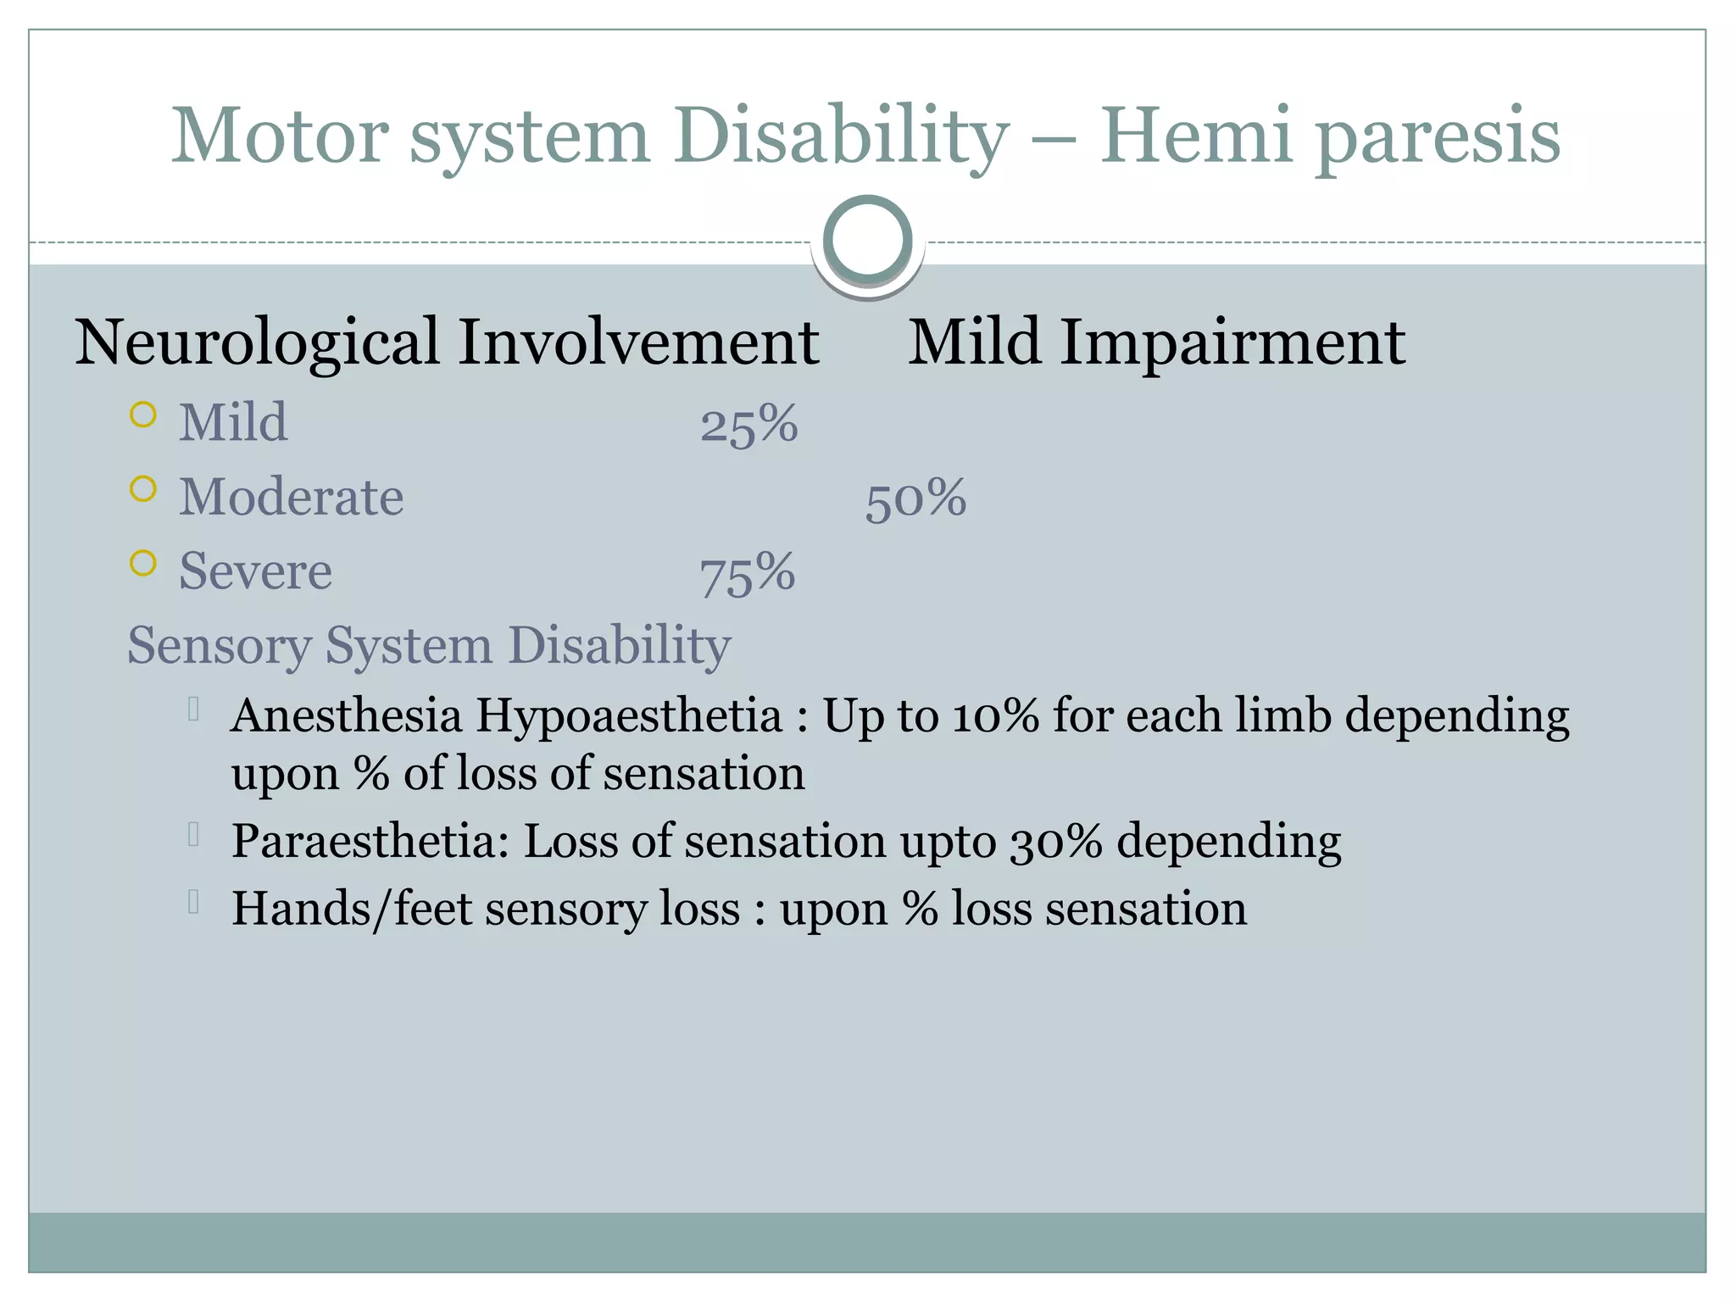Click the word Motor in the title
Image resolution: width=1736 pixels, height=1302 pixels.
coord(280,136)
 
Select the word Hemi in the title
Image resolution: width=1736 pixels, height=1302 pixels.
coord(1195,136)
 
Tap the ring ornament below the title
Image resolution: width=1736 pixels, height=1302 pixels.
coord(867,240)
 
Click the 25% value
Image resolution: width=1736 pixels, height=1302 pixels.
coord(748,423)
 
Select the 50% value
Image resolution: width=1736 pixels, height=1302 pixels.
coord(915,498)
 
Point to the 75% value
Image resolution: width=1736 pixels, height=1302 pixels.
coord(747,572)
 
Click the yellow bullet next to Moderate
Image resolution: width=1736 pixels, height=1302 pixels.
coord(143,489)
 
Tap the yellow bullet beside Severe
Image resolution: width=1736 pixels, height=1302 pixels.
coord(143,563)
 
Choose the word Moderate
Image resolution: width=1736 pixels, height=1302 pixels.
coord(291,497)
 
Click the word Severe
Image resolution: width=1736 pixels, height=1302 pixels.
coord(255,570)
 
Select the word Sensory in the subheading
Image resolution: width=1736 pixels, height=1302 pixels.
coord(219,645)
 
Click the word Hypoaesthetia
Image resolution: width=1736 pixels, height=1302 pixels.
coord(628,715)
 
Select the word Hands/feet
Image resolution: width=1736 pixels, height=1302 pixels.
coord(351,909)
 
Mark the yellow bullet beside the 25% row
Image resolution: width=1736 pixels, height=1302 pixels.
coord(143,415)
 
